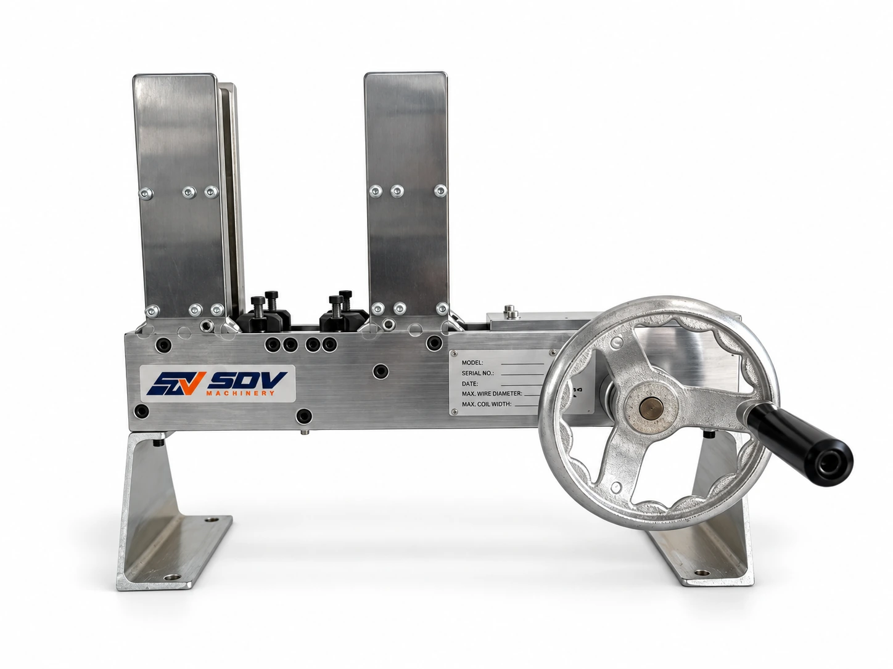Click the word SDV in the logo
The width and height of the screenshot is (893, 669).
247,381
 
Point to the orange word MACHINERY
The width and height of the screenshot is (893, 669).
241,394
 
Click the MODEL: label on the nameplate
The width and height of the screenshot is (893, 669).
472,363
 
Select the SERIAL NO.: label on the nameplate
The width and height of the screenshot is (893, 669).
477,373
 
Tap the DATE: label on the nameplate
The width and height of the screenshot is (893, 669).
470,383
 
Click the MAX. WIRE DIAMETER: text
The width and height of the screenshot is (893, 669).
492,394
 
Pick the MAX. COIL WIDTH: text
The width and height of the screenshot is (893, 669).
487,404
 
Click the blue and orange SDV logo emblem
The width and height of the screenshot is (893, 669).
173,384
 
